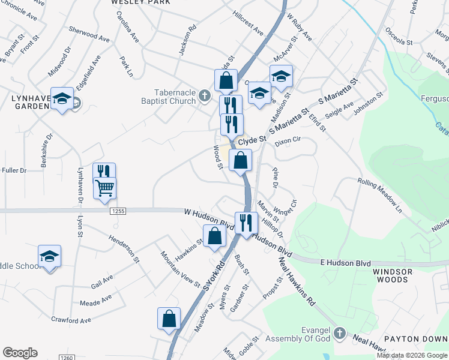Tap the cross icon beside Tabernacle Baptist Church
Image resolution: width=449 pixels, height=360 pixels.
click(205, 95)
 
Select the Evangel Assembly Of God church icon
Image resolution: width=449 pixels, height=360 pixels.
click(340, 332)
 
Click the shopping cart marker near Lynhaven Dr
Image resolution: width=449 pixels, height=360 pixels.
click(104, 188)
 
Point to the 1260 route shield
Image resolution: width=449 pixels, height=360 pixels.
click(67, 358)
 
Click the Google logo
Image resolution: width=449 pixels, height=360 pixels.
click(20, 353)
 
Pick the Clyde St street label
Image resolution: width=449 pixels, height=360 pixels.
click(252, 142)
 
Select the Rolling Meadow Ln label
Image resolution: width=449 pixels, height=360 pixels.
click(381, 196)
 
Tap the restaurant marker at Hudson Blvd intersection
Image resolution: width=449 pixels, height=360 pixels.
click(246, 223)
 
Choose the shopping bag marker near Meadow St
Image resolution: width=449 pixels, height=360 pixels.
click(169, 319)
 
